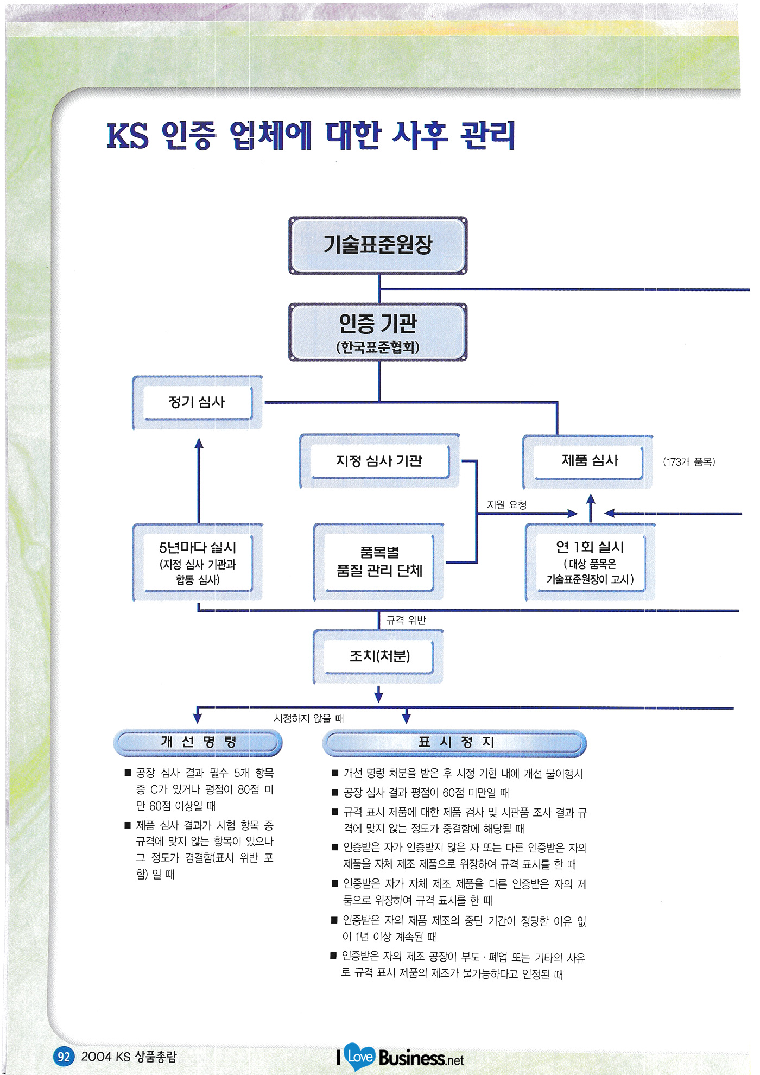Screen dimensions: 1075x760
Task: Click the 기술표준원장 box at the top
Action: [x=378, y=245]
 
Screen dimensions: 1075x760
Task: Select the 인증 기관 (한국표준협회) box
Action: [x=378, y=332]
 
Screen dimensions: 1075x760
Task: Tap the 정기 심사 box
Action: [x=197, y=402]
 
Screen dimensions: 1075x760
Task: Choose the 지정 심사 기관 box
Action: [x=379, y=461]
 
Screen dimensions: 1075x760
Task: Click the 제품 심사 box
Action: [x=589, y=461]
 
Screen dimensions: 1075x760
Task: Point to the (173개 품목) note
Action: [x=689, y=462]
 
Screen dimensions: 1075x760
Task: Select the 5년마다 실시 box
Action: [x=198, y=562]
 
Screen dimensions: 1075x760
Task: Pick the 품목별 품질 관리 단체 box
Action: [x=379, y=562]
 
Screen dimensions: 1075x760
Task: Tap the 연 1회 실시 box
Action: [x=590, y=562]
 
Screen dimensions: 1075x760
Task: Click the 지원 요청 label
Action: [x=506, y=504]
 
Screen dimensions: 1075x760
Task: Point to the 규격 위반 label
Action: [x=406, y=620]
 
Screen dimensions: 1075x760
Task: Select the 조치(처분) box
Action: [x=379, y=656]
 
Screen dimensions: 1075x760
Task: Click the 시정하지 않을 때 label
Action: [x=309, y=718]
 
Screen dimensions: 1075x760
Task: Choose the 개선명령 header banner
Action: [x=198, y=742]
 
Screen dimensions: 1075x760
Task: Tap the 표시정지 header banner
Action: [x=455, y=743]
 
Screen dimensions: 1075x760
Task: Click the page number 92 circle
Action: [x=64, y=1057]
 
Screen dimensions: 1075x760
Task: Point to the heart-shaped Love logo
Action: [x=359, y=1056]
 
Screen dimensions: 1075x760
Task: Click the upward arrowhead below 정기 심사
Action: [x=199, y=443]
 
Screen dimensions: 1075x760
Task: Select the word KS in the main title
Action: [x=128, y=136]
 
